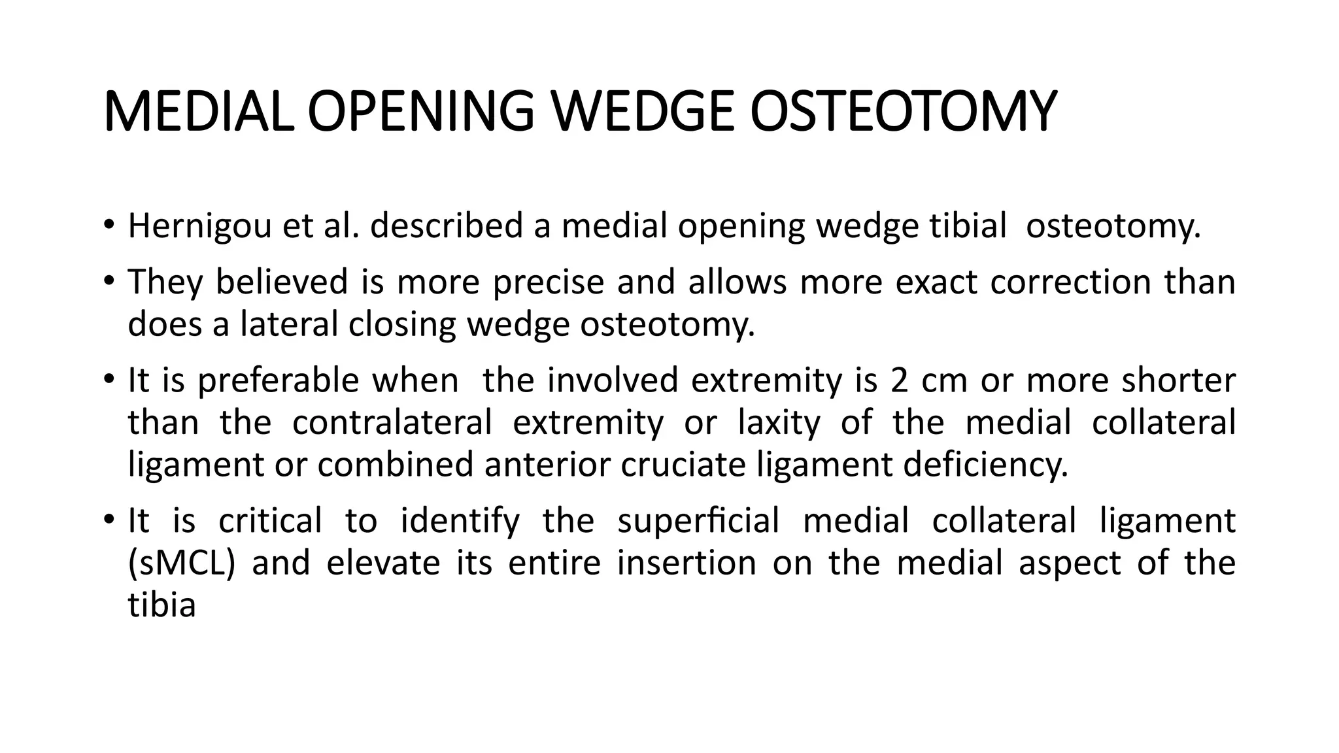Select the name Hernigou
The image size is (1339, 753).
click(x=199, y=227)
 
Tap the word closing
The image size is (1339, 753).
click(x=402, y=325)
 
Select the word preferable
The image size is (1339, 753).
click(x=278, y=380)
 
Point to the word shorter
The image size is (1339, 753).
click(x=1178, y=380)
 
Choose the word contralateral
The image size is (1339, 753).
click(x=392, y=422)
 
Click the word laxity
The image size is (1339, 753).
click(x=779, y=423)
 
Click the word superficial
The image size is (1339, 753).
click(x=698, y=522)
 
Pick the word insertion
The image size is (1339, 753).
click(x=686, y=563)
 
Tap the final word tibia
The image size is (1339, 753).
click(x=161, y=605)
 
